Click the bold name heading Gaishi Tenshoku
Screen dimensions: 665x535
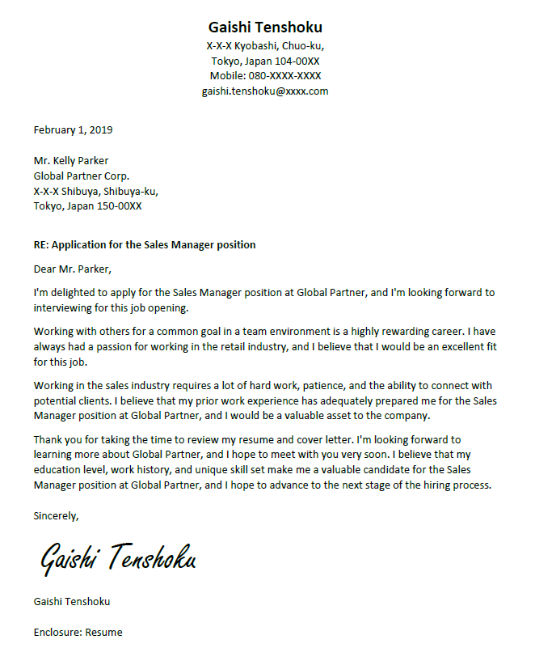[x=265, y=27]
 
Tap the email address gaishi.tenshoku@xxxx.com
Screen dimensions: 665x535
[x=265, y=91]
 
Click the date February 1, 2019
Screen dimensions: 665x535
[x=73, y=129]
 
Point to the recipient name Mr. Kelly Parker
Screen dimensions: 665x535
[x=71, y=160]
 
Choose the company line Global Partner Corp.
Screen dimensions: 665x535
[x=81, y=176]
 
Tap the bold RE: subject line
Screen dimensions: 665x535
[x=145, y=244]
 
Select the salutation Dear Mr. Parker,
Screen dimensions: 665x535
[x=73, y=269]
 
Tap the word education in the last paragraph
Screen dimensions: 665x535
[x=61, y=471]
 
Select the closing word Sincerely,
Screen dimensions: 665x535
[x=57, y=515]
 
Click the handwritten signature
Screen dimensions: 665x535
[x=118, y=558]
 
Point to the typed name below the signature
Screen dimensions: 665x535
[x=72, y=602]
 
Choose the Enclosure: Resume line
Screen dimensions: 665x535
[x=78, y=632]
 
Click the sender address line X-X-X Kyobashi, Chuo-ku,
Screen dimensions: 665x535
[x=265, y=45]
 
